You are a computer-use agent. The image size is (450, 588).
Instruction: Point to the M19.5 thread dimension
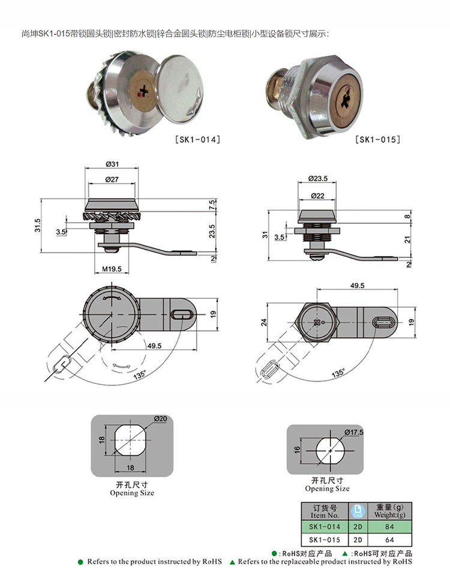point(112,269)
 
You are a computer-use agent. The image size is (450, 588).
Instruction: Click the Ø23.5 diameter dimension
point(317,178)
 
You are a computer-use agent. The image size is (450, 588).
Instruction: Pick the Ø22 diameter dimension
point(317,196)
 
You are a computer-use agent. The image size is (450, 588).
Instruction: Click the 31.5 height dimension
point(37,226)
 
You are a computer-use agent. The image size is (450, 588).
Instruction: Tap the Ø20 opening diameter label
point(160,418)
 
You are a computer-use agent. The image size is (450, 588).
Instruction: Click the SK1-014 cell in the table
point(325,527)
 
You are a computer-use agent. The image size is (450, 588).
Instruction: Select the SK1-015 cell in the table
point(325,540)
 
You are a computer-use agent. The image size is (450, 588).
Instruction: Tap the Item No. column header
point(325,511)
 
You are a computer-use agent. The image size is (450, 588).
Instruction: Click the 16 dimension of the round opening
point(297,448)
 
